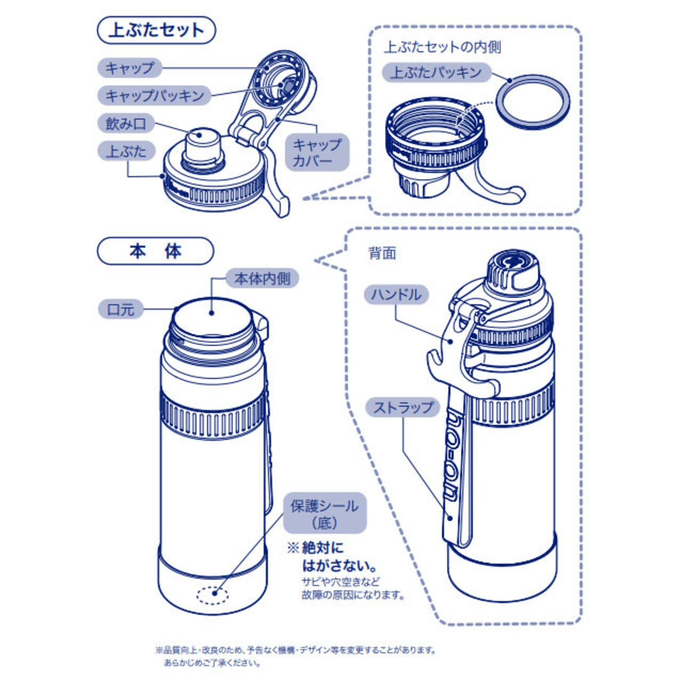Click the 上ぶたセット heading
click(156, 30)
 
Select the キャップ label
click(130, 68)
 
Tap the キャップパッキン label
click(155, 95)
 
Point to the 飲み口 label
click(126, 123)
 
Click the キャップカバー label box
click(317, 152)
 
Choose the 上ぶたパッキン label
click(437, 72)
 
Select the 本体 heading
click(156, 251)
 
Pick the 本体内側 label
click(262, 278)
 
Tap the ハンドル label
click(396, 295)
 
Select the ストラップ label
click(403, 407)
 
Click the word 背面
click(382, 253)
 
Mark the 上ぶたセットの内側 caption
click(443, 47)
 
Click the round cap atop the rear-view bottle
click(513, 270)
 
